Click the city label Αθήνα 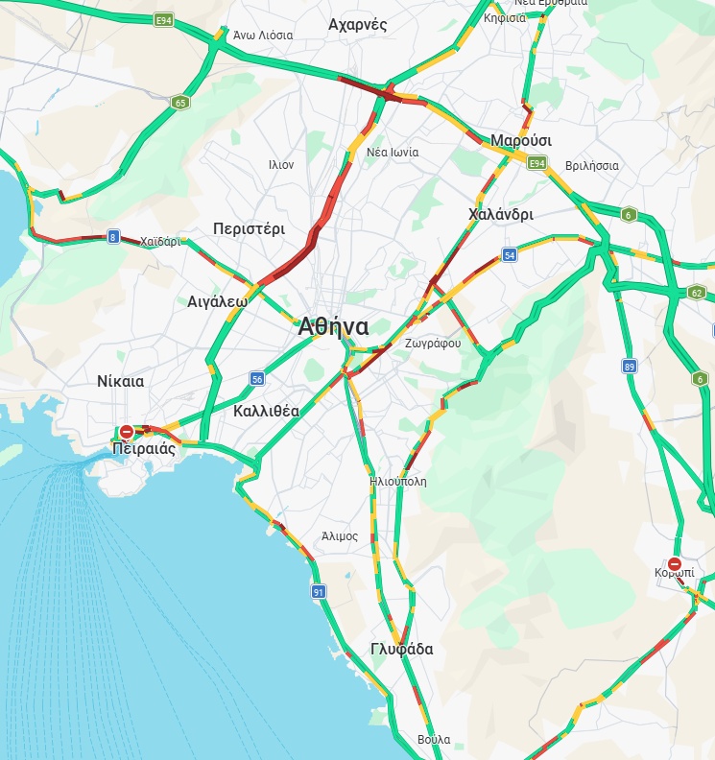coord(333,326)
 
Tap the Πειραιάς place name coord(143,448)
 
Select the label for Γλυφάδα coord(401,650)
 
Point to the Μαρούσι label coord(521,141)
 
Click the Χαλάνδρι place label coord(500,214)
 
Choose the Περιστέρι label coord(249,229)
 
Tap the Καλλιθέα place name coord(266,411)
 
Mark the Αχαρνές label coord(357,25)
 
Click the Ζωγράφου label coord(433,343)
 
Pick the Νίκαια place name coord(120,381)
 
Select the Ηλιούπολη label coord(397,481)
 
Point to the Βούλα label coord(434,740)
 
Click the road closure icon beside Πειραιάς coord(126,432)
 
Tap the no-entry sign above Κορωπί coord(675,564)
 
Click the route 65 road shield coord(180,102)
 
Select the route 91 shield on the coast coord(318,592)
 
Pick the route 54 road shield coord(509,255)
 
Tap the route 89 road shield coord(630,366)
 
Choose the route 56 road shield coord(256,378)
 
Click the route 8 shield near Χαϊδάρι coord(113,237)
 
